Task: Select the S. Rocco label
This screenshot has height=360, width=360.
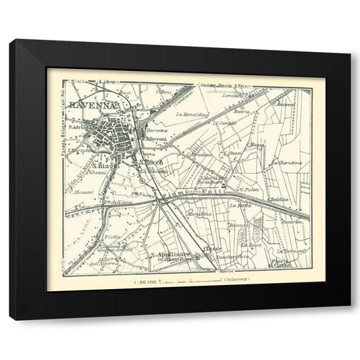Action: point(150,162)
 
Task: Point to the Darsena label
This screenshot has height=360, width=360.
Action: point(157,130)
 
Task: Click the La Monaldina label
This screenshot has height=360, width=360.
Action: point(191,114)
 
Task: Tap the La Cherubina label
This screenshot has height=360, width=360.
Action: point(285,163)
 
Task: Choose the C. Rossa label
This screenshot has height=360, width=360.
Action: point(255,144)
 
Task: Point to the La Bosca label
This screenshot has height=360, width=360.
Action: point(251,245)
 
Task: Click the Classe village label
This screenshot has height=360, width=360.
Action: point(212,249)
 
